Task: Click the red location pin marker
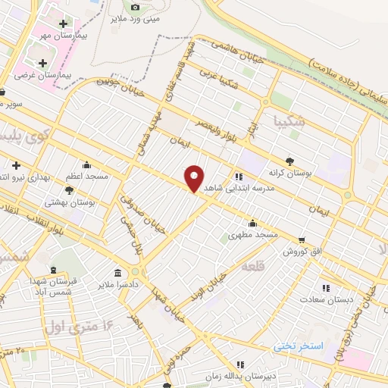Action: pyautogui.click(x=195, y=178)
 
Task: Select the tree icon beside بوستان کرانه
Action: pyautogui.click(x=290, y=160)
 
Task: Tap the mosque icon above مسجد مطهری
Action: pyautogui.click(x=252, y=223)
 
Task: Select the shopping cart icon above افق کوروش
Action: pyautogui.click(x=302, y=239)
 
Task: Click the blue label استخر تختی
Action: pyautogui.click(x=299, y=346)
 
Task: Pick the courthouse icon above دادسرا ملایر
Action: pyautogui.click(x=118, y=273)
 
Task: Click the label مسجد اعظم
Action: pyautogui.click(x=86, y=176)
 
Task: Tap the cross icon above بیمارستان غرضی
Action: pyautogui.click(x=42, y=63)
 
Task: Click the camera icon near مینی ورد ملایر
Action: pyautogui.click(x=136, y=7)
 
